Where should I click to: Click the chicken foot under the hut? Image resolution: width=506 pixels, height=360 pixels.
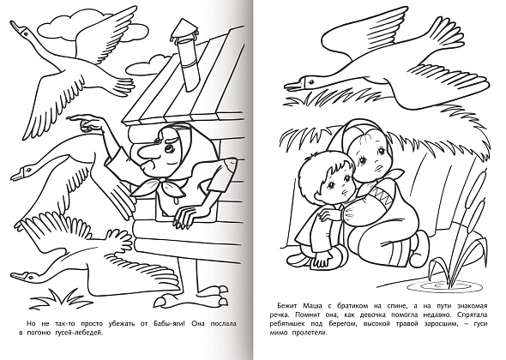pyautogui.click(x=191, y=298)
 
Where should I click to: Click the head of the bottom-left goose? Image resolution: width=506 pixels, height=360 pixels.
pyautogui.click(x=25, y=276)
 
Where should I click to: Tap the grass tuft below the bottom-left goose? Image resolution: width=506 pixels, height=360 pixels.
pyautogui.click(x=61, y=300)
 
